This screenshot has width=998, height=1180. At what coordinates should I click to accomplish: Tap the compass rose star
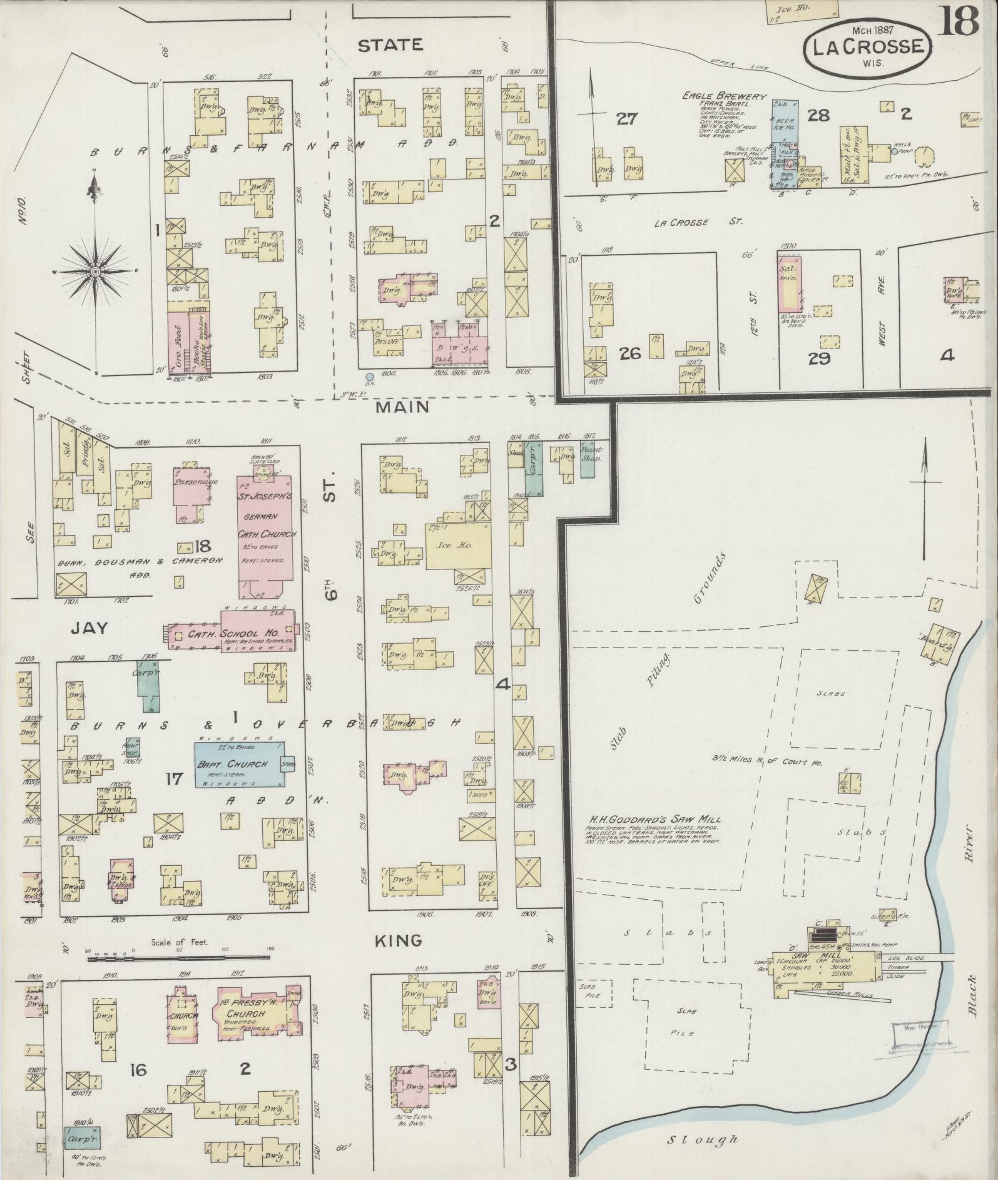(x=94, y=272)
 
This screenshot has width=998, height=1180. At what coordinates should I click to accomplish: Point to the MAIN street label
(x=403, y=407)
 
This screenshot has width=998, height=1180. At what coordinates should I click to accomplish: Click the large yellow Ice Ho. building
(x=456, y=546)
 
